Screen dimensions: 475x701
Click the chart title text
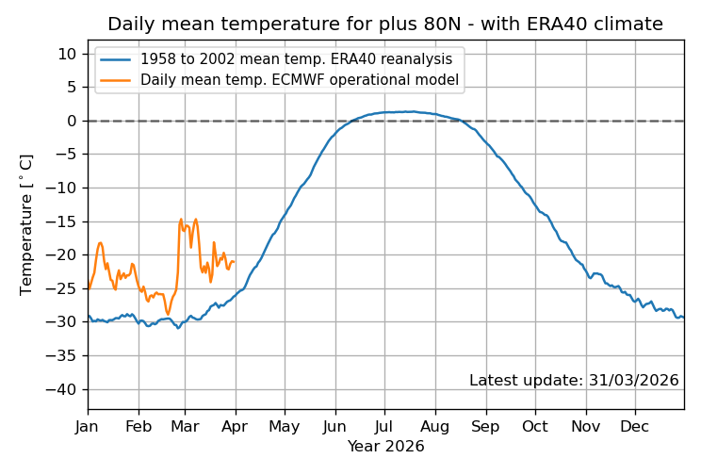(x=384, y=25)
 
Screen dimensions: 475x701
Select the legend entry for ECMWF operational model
(x=300, y=80)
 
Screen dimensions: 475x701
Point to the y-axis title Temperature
(x=26, y=225)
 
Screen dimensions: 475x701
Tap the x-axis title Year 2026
(x=385, y=447)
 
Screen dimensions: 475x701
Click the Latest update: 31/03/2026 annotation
(x=574, y=381)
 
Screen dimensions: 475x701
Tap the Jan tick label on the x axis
(x=88, y=426)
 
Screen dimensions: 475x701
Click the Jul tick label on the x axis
(x=383, y=426)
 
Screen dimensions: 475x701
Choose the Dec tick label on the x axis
(x=635, y=426)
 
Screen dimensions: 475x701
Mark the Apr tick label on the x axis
(x=236, y=426)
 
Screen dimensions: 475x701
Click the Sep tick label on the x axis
(x=486, y=426)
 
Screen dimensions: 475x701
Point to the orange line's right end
(x=234, y=262)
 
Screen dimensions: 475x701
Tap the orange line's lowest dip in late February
(x=168, y=314)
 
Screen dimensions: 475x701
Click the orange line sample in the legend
(x=118, y=80)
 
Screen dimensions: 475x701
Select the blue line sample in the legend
(x=118, y=58)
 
